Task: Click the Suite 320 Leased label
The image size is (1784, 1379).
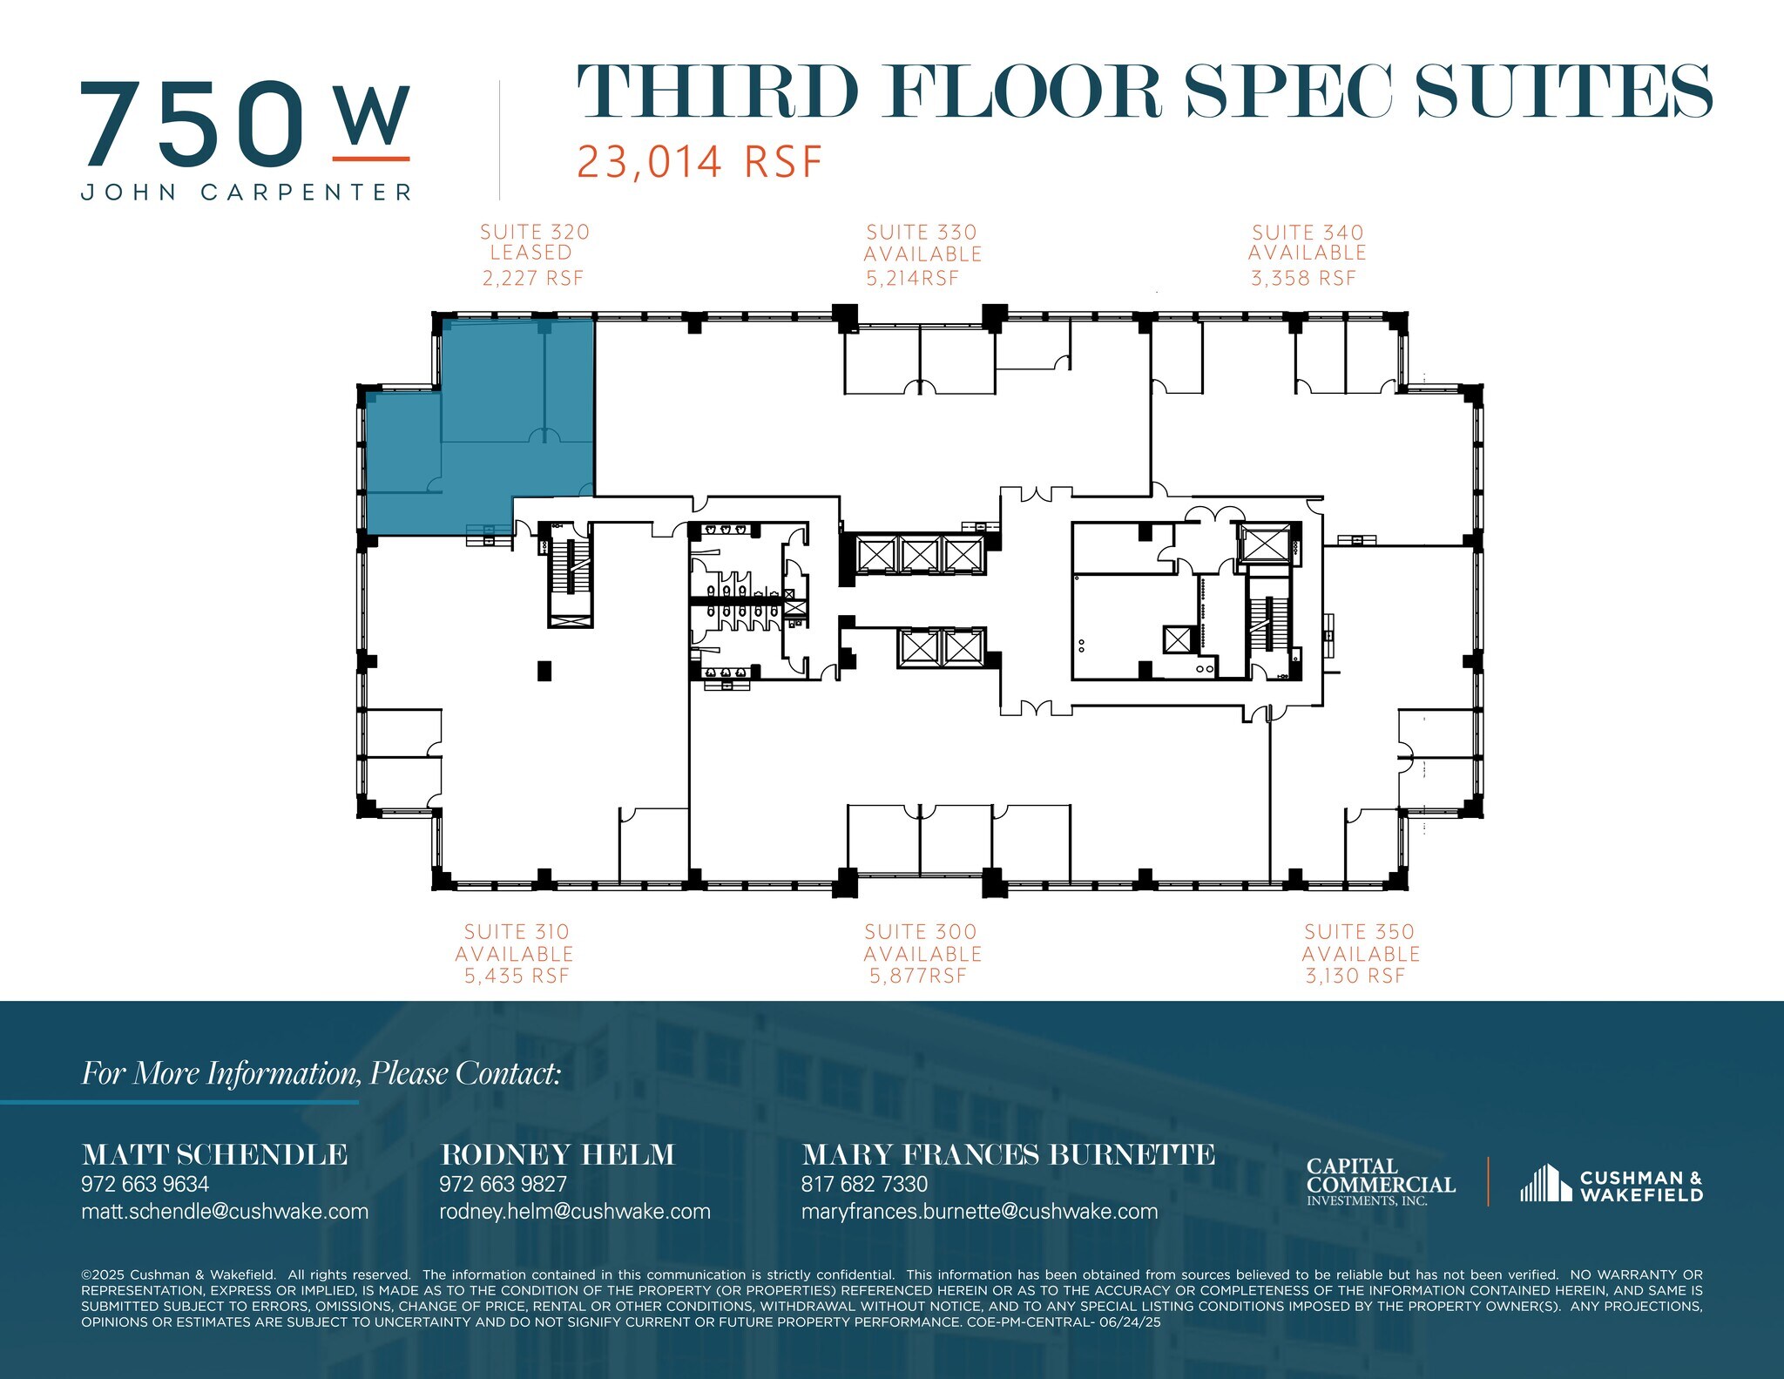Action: click(534, 243)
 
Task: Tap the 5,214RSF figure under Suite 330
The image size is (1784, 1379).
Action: click(912, 279)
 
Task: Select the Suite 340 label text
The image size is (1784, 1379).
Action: click(1308, 233)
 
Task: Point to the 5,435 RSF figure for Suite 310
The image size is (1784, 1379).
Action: click(517, 977)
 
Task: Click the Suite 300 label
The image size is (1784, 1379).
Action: click(921, 932)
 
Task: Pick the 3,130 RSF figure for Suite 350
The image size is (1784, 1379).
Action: click(1355, 977)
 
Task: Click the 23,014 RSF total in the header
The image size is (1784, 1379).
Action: click(699, 162)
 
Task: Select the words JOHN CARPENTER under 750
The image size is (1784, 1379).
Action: click(247, 193)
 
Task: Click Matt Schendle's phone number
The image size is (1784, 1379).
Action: click(145, 1184)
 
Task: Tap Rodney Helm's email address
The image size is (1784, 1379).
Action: click(574, 1212)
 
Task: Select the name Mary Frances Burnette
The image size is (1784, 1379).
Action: click(1008, 1155)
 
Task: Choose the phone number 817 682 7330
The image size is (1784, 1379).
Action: click(864, 1184)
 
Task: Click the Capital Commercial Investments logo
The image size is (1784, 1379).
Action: click(1380, 1181)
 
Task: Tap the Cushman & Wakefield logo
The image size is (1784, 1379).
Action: click(1612, 1186)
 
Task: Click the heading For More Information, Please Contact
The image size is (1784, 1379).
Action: click(321, 1073)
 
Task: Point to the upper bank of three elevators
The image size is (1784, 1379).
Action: click(920, 554)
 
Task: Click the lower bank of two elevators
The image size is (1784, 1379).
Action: click(942, 647)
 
